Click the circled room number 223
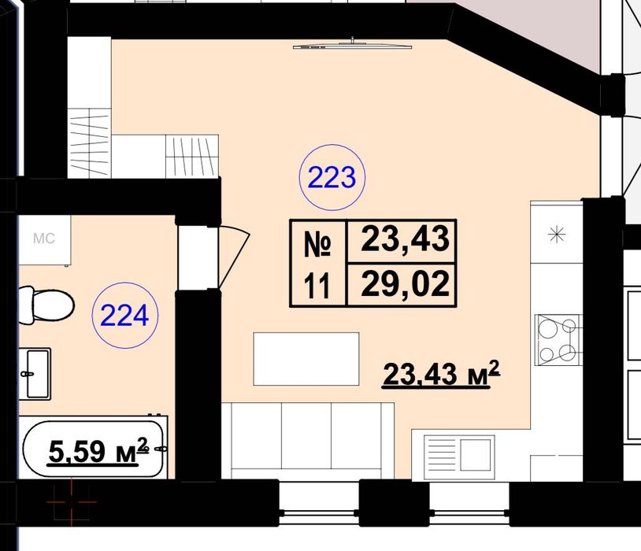[332, 177]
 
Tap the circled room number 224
[124, 315]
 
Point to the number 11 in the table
[317, 287]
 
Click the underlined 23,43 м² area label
[441, 374]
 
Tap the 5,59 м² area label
[98, 451]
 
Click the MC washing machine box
[44, 240]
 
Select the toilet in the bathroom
[46, 305]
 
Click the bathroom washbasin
[35, 374]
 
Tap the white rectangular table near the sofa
[306, 359]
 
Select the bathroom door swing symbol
[234, 257]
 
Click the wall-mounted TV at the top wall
[352, 45]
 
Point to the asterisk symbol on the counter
[557, 235]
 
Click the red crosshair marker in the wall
[72, 501]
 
